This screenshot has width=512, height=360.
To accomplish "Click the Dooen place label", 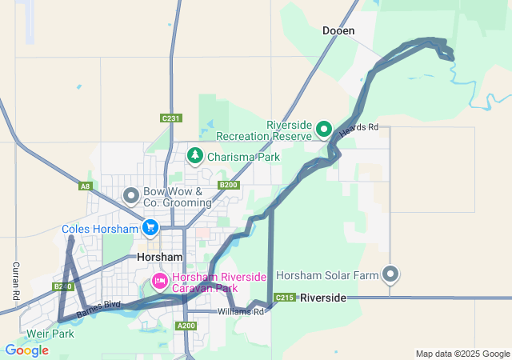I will [338, 31].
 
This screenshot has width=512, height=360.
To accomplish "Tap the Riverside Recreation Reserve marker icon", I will [324, 128].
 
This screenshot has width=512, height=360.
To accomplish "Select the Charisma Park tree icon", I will [194, 154].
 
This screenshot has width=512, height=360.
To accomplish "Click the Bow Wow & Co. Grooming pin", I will [131, 194].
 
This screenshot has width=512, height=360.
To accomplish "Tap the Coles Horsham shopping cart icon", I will [150, 229].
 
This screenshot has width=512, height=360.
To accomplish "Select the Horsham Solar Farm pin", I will [391, 274].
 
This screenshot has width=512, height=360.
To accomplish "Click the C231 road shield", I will [170, 118].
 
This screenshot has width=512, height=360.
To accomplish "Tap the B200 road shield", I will [229, 185].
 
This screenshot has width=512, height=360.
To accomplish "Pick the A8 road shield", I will [86, 186].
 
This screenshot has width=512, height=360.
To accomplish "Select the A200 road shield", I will [186, 326].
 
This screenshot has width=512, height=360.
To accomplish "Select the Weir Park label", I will [50, 333].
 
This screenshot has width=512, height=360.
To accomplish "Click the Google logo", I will [26, 350].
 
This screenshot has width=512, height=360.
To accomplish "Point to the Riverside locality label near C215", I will [323, 298].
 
